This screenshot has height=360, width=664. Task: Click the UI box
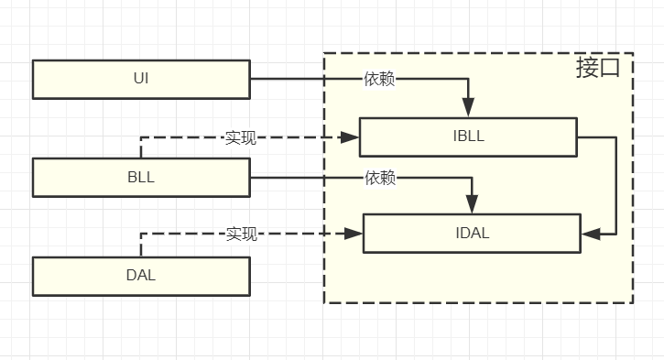pyautogui.click(x=141, y=79)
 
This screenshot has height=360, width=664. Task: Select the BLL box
pyautogui.click(x=141, y=178)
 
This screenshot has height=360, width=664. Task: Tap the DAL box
pyautogui.click(x=141, y=276)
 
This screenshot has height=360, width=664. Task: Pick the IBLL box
pyautogui.click(x=468, y=136)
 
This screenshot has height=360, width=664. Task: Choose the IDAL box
pyautogui.click(x=472, y=233)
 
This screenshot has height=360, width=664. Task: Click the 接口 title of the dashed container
pyautogui.click(x=597, y=69)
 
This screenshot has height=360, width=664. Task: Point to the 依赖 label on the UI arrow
pyautogui.click(x=379, y=80)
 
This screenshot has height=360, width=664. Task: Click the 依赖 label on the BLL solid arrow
pyautogui.click(x=380, y=178)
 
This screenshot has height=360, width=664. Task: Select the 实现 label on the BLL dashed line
pyautogui.click(x=241, y=138)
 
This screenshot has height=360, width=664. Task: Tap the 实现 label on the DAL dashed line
pyautogui.click(x=242, y=235)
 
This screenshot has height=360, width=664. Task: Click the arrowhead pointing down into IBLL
pyautogui.click(x=468, y=110)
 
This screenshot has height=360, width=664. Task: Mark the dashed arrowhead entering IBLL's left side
pyautogui.click(x=350, y=138)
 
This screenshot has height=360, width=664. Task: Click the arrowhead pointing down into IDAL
pyautogui.click(x=472, y=206)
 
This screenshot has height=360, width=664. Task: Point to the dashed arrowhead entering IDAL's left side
pyautogui.click(x=354, y=235)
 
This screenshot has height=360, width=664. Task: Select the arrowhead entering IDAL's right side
pyautogui.click(x=590, y=235)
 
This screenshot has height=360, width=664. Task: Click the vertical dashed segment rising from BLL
pyautogui.click(x=141, y=148)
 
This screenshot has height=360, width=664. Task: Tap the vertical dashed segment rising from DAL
pyautogui.click(x=141, y=245)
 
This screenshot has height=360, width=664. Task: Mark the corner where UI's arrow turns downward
pyautogui.click(x=468, y=80)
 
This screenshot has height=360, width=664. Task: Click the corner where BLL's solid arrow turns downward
pyautogui.click(x=472, y=178)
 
